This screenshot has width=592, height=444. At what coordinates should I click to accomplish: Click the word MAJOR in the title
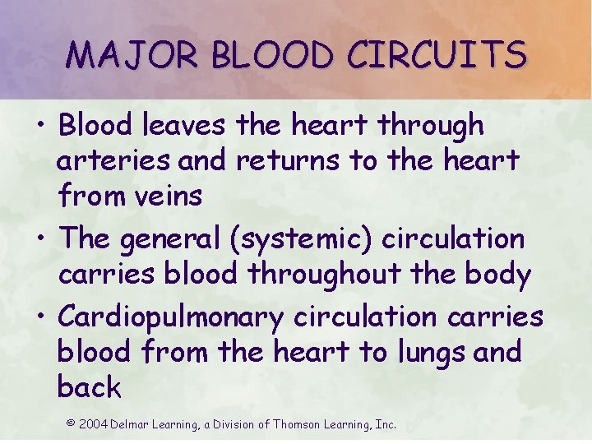click(x=132, y=55)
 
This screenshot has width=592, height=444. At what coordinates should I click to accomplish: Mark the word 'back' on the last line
click(x=89, y=386)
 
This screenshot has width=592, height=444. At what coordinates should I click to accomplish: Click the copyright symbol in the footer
click(x=71, y=423)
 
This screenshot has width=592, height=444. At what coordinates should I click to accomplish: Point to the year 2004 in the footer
click(x=93, y=424)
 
